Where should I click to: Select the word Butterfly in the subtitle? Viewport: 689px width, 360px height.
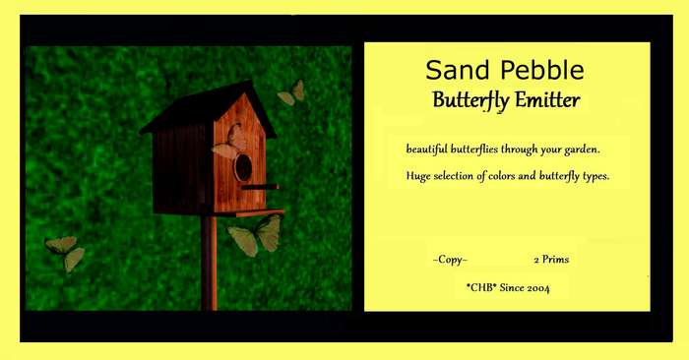(x=472, y=100)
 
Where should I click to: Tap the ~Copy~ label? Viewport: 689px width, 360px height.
(x=450, y=260)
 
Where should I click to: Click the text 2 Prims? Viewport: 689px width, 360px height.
(x=551, y=260)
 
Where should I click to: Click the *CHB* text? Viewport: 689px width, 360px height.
(x=484, y=287)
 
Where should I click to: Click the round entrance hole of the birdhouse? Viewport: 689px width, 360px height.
(x=243, y=167)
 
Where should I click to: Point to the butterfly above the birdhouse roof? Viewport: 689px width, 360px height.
(x=292, y=92)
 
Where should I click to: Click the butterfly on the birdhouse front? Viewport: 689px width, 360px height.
(x=229, y=143)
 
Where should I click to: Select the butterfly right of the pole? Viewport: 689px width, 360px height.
(x=256, y=235)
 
